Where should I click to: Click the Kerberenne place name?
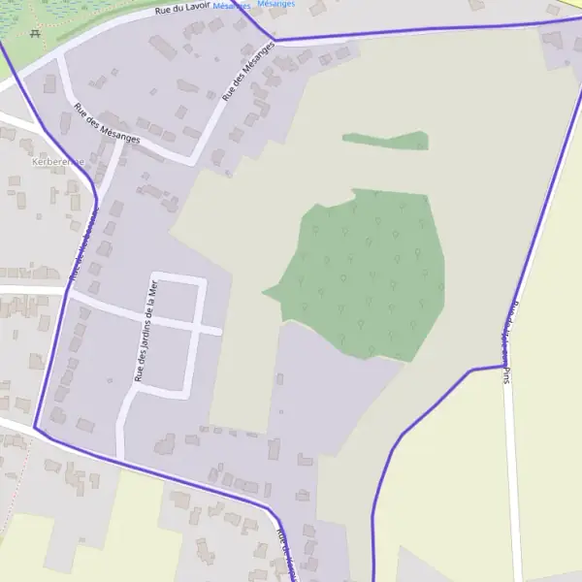tap(58, 161)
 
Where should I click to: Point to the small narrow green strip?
tap(386, 141)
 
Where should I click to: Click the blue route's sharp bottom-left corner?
tap(36, 427)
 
